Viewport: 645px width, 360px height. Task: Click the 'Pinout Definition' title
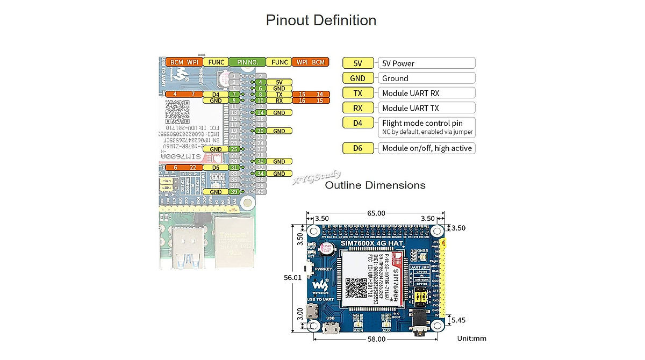point(321,20)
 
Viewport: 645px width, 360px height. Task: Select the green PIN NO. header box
point(247,62)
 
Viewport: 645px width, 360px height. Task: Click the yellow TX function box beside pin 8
point(279,94)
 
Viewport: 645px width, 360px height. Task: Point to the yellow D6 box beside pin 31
point(216,168)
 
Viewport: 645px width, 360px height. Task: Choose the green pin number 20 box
point(260,131)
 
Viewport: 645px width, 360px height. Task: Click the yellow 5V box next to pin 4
point(279,82)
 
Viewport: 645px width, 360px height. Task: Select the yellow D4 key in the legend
point(358,123)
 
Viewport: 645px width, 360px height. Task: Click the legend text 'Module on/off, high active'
point(427,148)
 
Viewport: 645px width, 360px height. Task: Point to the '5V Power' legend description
point(398,63)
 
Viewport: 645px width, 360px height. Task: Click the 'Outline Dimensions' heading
point(375,185)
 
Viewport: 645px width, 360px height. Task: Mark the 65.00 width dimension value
point(376,213)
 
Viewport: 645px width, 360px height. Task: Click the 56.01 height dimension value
point(293,278)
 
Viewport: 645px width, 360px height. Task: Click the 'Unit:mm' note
point(471,339)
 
